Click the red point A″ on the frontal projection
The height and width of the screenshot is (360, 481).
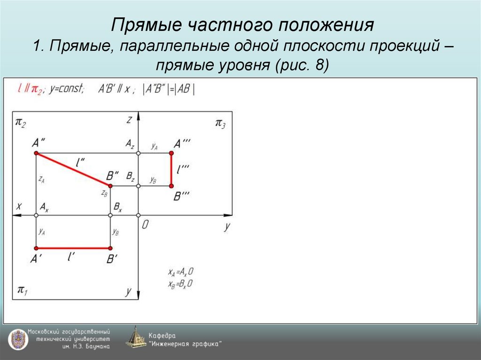pos(36,153)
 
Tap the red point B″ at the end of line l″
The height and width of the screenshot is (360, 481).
pos(110,186)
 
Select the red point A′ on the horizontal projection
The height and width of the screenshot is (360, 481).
pos(36,248)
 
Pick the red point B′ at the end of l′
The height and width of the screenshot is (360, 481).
pos(110,248)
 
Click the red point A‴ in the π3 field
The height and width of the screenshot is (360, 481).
pos(171,153)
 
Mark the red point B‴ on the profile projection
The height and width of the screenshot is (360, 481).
pos(171,186)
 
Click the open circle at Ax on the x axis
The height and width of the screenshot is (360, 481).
pos(36,215)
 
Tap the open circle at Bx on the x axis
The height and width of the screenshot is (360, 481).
pos(110,215)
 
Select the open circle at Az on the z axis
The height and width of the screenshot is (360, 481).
pos(138,153)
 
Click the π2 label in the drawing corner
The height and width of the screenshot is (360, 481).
pos(21,123)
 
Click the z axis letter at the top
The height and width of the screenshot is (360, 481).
pos(129,120)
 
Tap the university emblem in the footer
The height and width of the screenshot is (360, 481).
pos(17,339)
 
